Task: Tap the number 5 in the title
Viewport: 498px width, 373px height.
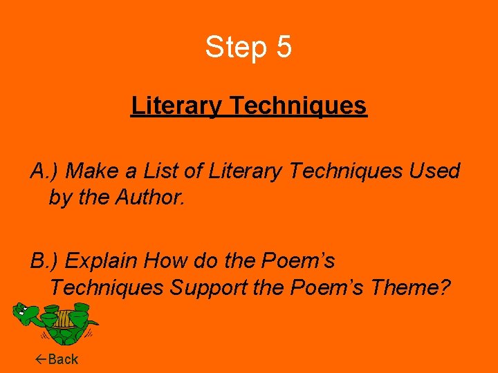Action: click(284, 47)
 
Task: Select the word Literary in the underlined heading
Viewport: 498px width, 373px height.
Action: click(176, 106)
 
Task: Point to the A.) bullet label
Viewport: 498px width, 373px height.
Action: click(44, 171)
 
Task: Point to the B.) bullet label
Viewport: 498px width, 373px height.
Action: click(44, 261)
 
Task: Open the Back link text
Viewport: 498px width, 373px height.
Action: click(63, 359)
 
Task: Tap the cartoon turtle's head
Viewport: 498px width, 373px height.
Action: click(26, 314)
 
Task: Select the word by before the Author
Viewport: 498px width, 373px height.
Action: click(61, 198)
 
